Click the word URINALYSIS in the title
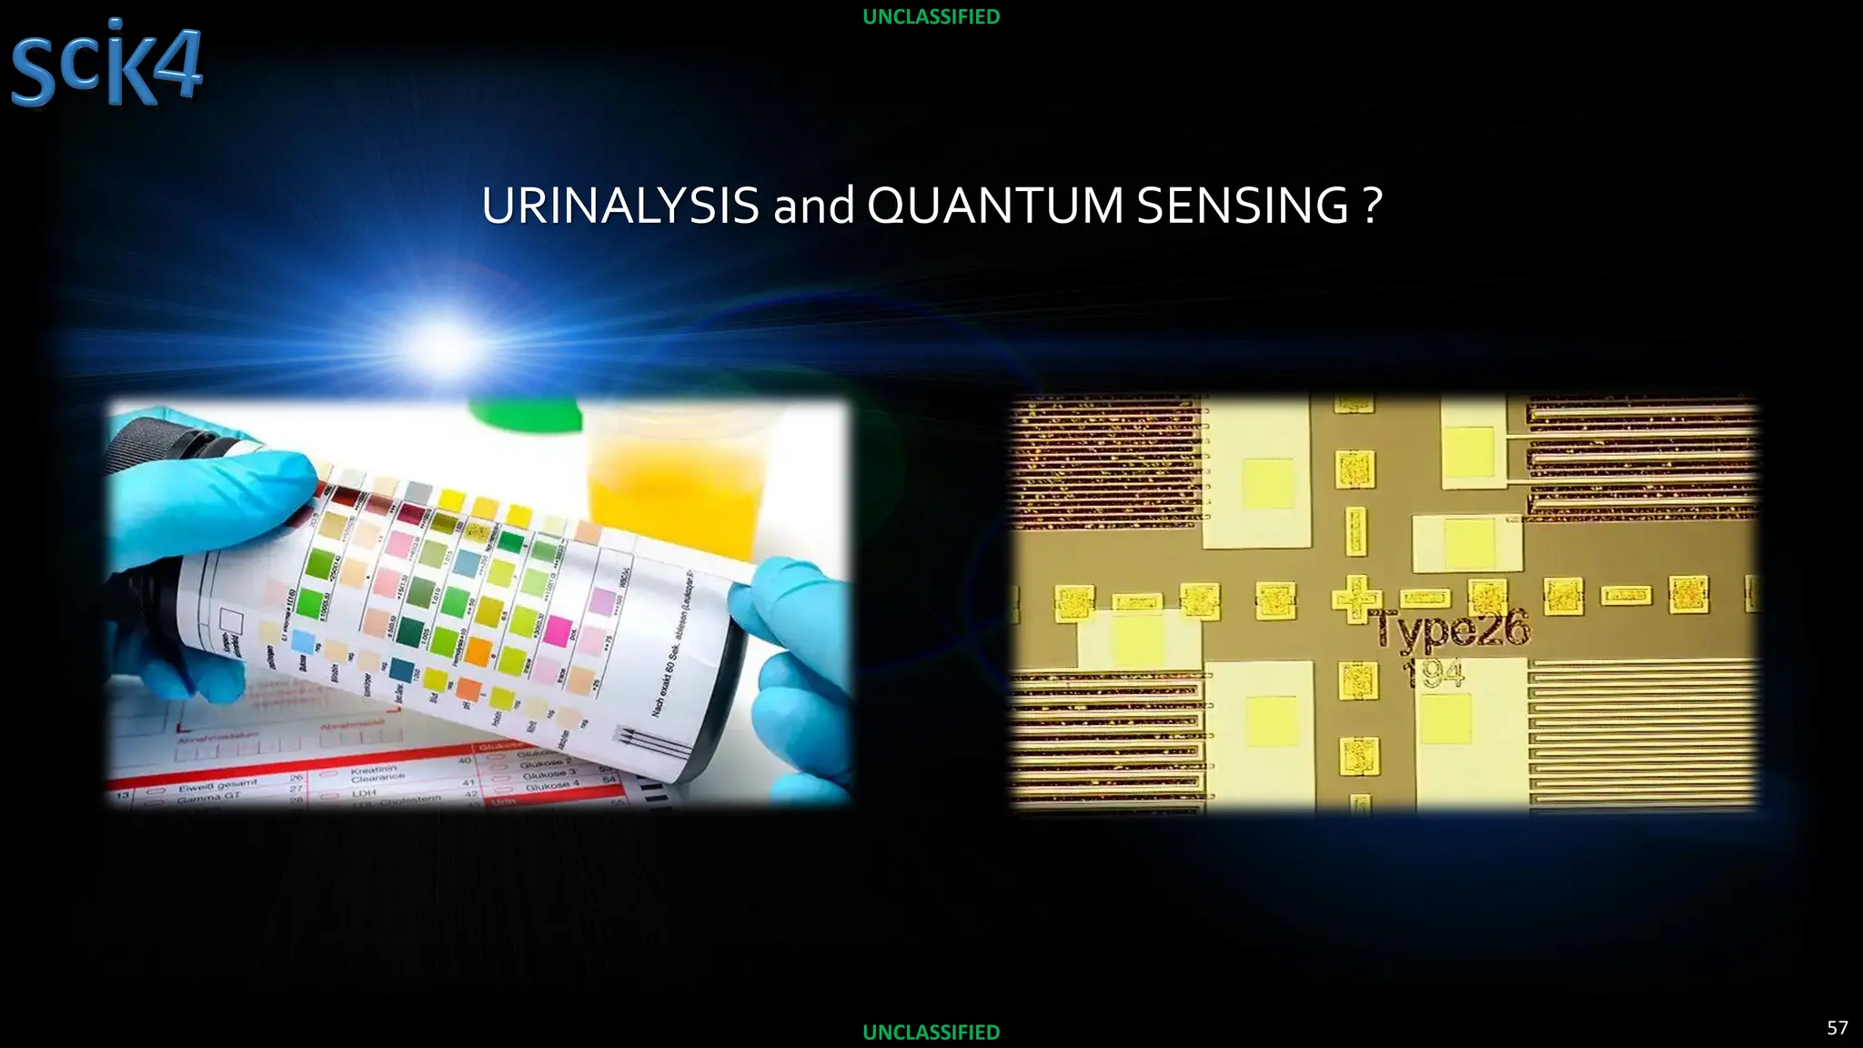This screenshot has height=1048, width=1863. point(619,206)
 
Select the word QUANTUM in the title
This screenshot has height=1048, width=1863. point(994,206)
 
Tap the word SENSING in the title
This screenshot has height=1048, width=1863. point(1243,206)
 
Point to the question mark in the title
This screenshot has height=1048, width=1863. point(1373,206)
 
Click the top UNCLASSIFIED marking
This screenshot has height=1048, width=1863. point(931,16)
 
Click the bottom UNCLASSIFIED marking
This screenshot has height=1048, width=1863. point(931,1032)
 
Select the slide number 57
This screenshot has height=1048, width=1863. point(1837,1027)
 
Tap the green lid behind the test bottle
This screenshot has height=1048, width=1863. point(527,414)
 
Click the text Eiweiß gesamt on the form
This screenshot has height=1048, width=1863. point(217,784)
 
